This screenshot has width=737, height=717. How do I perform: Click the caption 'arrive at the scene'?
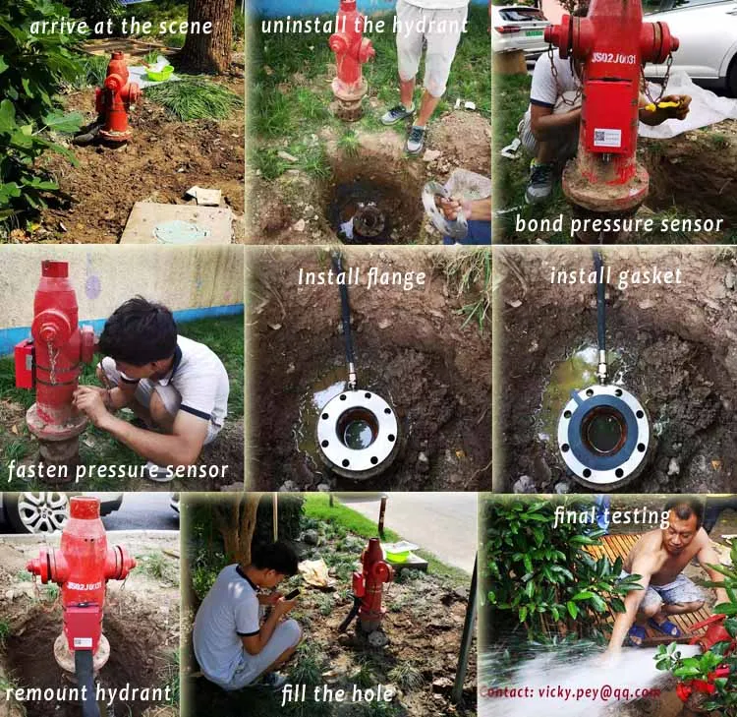pyautogui.click(x=121, y=26)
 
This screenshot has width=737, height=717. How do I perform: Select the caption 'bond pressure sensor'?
pyautogui.click(x=618, y=224)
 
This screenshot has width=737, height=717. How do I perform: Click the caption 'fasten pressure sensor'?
pyautogui.click(x=118, y=470)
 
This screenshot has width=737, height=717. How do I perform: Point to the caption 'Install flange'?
pyautogui.click(x=362, y=277)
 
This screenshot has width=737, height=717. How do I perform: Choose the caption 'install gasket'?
pyautogui.click(x=615, y=275)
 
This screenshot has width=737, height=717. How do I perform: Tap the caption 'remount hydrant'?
pyautogui.click(x=88, y=692)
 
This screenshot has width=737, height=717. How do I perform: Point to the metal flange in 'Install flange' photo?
pyautogui.click(x=357, y=432)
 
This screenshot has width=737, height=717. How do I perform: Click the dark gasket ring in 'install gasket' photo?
pyautogui.click(x=603, y=434)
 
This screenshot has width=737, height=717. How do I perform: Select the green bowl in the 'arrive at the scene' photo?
pyautogui.click(x=159, y=71)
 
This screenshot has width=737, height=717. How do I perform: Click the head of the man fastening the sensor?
pyautogui.click(x=138, y=329)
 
